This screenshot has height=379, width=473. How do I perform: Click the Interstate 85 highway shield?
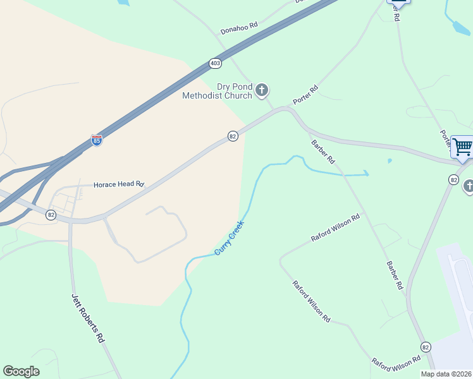coord(97,140)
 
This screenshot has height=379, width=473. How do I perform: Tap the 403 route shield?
coord(216,64)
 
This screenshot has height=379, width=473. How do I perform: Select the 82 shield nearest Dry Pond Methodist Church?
coord(233,136)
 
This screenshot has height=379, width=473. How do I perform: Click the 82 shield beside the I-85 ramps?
coord(51,215)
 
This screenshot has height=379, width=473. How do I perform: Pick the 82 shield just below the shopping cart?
coord(453,180)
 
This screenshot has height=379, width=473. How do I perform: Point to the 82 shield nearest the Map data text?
coord(425,347)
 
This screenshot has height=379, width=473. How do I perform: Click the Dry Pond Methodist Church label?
coord(217,91)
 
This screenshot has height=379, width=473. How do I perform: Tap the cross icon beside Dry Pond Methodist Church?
coord(262,92)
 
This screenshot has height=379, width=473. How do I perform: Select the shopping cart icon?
coord(462,147)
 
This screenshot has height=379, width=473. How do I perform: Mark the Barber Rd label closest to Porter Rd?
coord(322,152)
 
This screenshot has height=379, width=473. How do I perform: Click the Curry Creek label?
coord(229,238)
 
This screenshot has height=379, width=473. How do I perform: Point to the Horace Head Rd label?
coord(119,185)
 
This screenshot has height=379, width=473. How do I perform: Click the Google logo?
coord(21,371)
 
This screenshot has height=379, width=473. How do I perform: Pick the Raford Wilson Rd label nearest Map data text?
coord(396,363)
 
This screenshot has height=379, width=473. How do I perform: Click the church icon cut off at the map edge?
coord(469,186)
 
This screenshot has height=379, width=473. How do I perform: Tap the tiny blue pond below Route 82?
coord(389,160)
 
